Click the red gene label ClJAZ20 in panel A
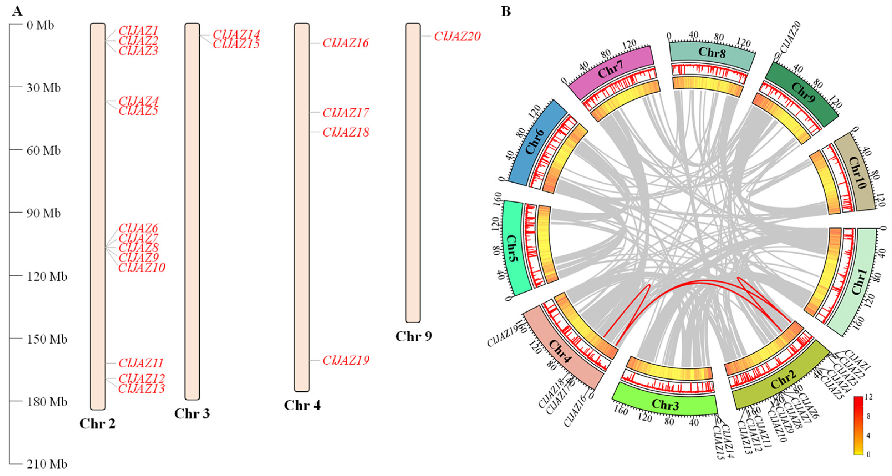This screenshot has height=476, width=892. click(x=457, y=36)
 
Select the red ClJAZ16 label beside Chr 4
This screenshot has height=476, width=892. click(x=346, y=43)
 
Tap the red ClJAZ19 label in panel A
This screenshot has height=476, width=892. click(x=346, y=360)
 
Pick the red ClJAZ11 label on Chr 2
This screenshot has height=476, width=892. click(x=141, y=363)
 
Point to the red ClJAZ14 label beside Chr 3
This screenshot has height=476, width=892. click(x=236, y=34)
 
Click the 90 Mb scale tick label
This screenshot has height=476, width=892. click(x=44, y=213)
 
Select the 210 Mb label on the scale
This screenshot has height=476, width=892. click(x=47, y=464)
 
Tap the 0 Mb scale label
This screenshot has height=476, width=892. click(x=40, y=25)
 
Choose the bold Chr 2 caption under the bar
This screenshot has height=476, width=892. click(x=97, y=423)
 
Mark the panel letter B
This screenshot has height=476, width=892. click(x=506, y=11)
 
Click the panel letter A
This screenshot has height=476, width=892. click(x=17, y=11)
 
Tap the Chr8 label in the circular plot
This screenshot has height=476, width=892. click(x=712, y=52)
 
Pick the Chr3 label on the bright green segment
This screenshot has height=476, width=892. click(x=665, y=404)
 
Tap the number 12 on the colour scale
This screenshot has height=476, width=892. click(x=868, y=397)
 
